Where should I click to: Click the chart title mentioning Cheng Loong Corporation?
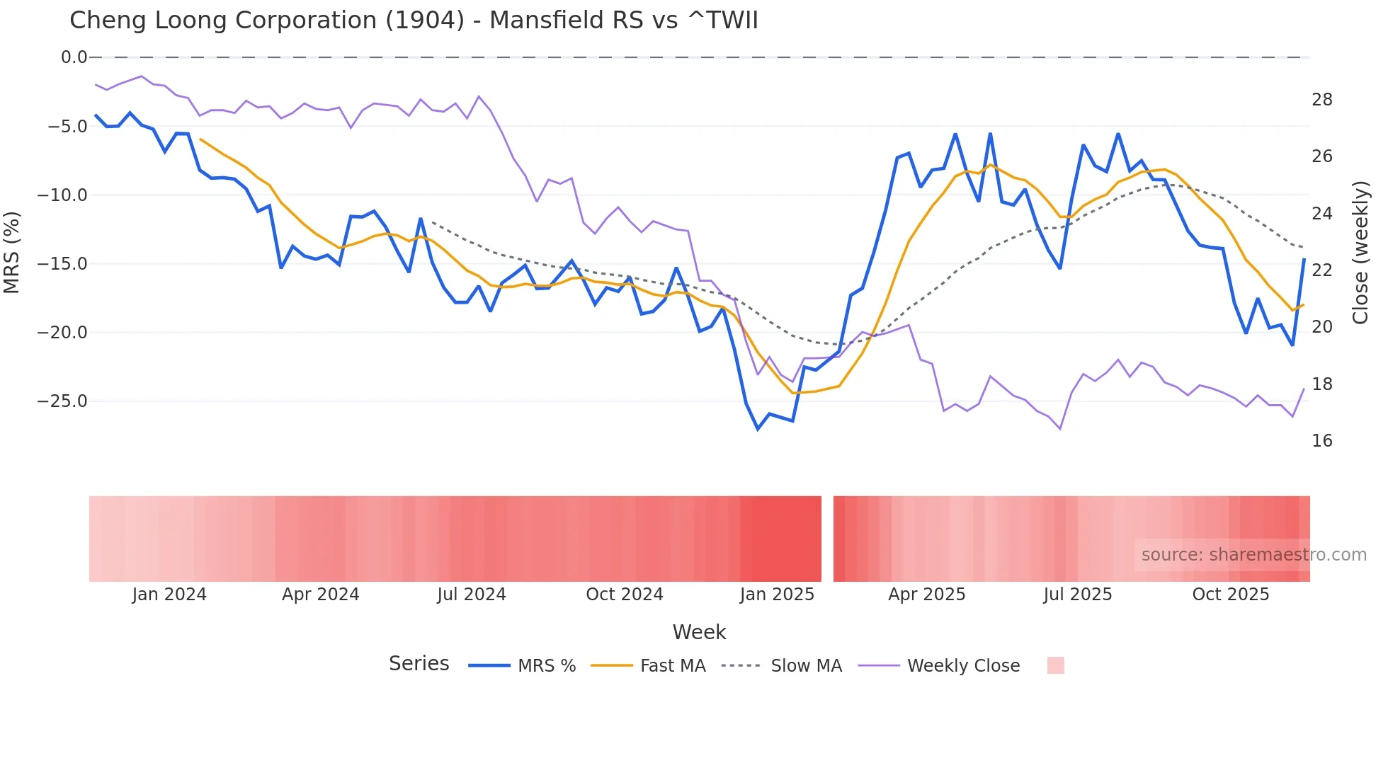(414, 21)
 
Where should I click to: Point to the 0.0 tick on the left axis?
(74, 57)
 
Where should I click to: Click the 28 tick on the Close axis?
(1321, 100)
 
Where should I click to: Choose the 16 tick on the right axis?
(1321, 441)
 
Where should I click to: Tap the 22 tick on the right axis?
(1321, 270)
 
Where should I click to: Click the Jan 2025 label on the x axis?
(777, 595)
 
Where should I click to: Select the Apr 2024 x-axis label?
(320, 595)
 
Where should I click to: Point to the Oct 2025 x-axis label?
(1230, 595)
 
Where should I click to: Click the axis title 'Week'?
(699, 632)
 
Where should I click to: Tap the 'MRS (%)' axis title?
(12, 252)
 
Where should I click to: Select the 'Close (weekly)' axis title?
(1360, 252)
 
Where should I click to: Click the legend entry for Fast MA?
(672, 666)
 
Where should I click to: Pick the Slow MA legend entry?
(805, 666)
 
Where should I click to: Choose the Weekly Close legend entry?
(962, 666)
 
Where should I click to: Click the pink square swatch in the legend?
(1055, 665)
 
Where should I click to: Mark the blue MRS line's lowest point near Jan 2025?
(758, 429)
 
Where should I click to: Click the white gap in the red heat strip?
(827, 539)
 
